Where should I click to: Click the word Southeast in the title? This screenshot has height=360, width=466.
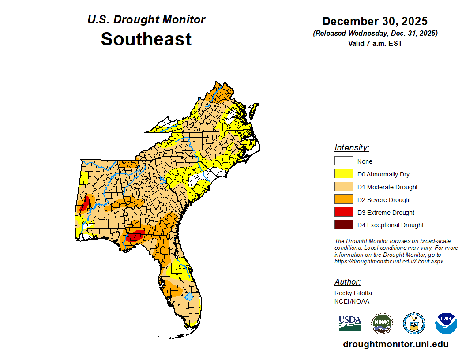[x=146, y=39]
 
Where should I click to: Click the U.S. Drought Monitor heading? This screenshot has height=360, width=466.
[x=146, y=19]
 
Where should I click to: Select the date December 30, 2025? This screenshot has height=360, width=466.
[x=375, y=21]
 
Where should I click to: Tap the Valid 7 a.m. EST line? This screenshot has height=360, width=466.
[x=375, y=43]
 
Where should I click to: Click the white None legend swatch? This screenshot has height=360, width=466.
[x=343, y=161]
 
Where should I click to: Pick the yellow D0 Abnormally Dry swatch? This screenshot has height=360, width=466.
[x=343, y=174]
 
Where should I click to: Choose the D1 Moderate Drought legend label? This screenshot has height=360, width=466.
[x=387, y=187]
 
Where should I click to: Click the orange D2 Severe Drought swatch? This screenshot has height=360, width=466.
[x=343, y=199]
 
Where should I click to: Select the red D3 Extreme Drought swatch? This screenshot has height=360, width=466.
[x=343, y=212]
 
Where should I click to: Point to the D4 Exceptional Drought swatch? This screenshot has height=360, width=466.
[x=343, y=225]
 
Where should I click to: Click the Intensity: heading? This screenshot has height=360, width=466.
[x=352, y=148]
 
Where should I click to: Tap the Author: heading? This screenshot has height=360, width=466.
[x=347, y=282]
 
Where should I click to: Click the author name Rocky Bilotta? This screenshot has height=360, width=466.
[x=353, y=293]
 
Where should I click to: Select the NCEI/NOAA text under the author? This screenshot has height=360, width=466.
[x=352, y=301]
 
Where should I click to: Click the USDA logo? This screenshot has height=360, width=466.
[x=350, y=323]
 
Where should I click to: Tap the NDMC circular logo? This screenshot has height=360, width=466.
[x=382, y=323]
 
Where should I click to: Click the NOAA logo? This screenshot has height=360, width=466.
[x=446, y=323]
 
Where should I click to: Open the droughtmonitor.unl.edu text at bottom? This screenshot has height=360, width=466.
[x=395, y=345]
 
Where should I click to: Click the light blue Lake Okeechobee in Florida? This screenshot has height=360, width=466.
[x=188, y=296]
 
